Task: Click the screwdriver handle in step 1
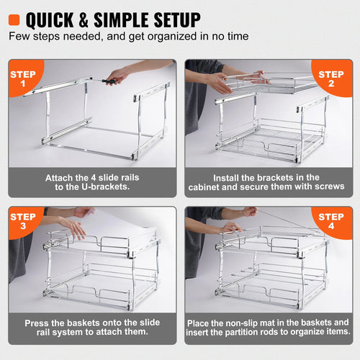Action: tap(108, 81)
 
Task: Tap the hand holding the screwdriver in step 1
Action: tap(119, 74)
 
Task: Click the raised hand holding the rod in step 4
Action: tap(249, 211)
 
